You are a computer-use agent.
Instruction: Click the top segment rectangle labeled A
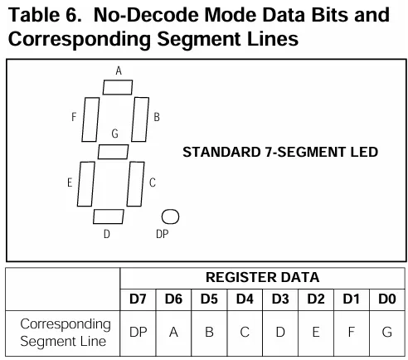tap(118, 87)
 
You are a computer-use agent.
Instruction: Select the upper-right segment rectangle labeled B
tap(140, 119)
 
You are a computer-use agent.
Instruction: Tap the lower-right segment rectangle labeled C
tap(136, 184)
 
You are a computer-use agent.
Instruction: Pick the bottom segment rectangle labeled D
tap(109, 216)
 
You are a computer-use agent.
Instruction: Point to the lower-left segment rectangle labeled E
tap(86, 184)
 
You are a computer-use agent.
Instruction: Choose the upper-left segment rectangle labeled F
tap(90, 119)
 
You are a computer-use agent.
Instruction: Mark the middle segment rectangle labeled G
tap(114, 152)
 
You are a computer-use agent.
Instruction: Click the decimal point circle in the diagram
tap(170, 216)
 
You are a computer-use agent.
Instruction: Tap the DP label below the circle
tap(163, 234)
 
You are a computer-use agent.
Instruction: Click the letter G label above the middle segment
tap(115, 134)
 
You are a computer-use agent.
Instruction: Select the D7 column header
tap(138, 299)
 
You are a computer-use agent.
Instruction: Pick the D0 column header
tap(387, 299)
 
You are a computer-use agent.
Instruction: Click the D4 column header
tap(245, 299)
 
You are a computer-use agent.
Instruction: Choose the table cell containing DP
tap(138, 333)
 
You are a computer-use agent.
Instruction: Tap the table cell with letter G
tap(387, 333)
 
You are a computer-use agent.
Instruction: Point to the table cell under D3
tap(280, 333)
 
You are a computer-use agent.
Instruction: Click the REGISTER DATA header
tap(263, 277)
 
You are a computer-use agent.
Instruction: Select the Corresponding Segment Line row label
tap(66, 333)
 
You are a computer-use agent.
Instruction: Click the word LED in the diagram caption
tap(364, 152)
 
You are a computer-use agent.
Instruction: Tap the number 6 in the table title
tap(72, 15)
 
